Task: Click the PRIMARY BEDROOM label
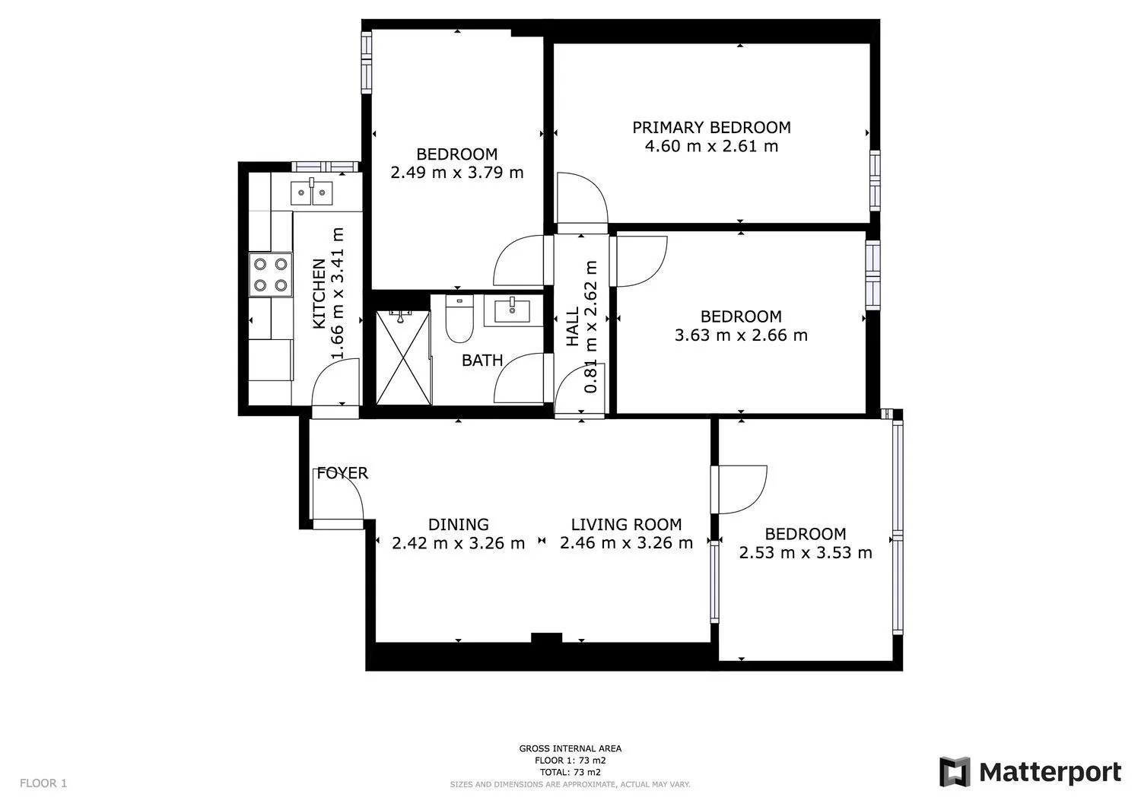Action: click(711, 127)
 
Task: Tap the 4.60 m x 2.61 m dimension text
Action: click(711, 146)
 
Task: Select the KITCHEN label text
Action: click(319, 294)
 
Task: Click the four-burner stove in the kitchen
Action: click(271, 275)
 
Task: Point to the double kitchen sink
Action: click(312, 192)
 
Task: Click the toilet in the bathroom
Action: click(459, 319)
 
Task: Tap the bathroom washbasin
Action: click(512, 310)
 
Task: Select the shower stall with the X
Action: click(403, 358)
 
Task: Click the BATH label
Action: click(482, 361)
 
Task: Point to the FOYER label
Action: click(342, 473)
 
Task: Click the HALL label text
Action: click(573, 326)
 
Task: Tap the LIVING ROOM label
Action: click(626, 524)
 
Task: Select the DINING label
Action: click(459, 524)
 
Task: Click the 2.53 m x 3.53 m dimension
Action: click(806, 553)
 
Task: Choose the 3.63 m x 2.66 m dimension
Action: click(741, 335)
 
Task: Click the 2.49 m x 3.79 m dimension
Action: click(457, 173)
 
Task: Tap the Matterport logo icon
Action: click(955, 772)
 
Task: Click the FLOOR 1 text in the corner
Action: click(43, 783)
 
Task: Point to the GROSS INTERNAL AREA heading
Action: click(570, 748)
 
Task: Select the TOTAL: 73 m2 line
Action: click(570, 772)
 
